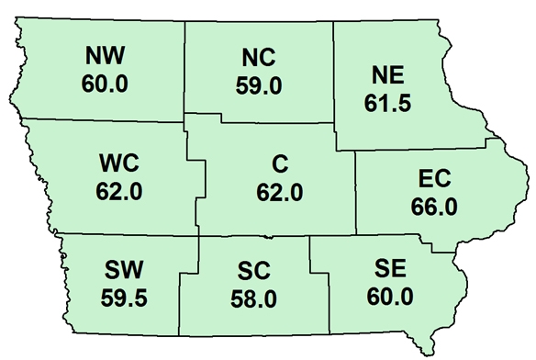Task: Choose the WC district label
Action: click(118, 166)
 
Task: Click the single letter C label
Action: click(281, 166)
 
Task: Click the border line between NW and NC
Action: click(185, 69)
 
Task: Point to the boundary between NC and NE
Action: click(332, 69)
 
